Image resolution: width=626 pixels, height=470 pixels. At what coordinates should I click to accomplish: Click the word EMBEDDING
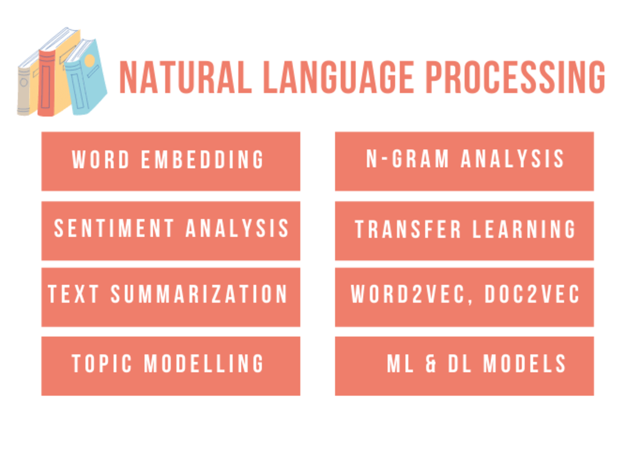pos(203,160)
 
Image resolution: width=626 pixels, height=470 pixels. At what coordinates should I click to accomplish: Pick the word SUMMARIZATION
pos(199,295)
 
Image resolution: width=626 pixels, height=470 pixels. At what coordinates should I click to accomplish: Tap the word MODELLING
pos(204,363)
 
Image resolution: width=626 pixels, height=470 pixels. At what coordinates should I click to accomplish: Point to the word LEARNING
pos(524,229)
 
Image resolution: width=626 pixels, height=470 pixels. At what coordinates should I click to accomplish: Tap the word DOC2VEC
pos(532,295)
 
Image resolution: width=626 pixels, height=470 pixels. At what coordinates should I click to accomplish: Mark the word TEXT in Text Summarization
pos(74,295)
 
